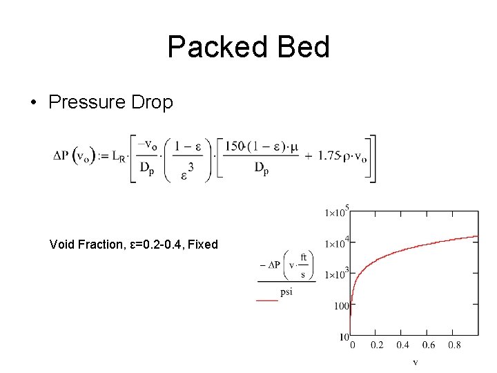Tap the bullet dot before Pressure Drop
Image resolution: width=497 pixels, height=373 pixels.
pos(33,103)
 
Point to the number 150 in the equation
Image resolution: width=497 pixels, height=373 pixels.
pos(236,146)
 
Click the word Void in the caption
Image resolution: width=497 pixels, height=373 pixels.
pos(61,244)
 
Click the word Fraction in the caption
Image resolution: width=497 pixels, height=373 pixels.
pos(99,244)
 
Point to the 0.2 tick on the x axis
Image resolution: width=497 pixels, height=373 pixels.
pos(378,345)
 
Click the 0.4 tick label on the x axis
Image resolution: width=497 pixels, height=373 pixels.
pos(403,345)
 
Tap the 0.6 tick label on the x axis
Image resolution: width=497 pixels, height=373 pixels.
pos(429,345)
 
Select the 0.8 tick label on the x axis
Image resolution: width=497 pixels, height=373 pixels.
pos(454,345)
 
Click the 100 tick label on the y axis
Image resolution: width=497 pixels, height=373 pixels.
pos(341,305)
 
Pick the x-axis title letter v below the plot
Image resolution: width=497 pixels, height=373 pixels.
pos(415,361)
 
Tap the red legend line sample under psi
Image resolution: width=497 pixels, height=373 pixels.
pos(267,300)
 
